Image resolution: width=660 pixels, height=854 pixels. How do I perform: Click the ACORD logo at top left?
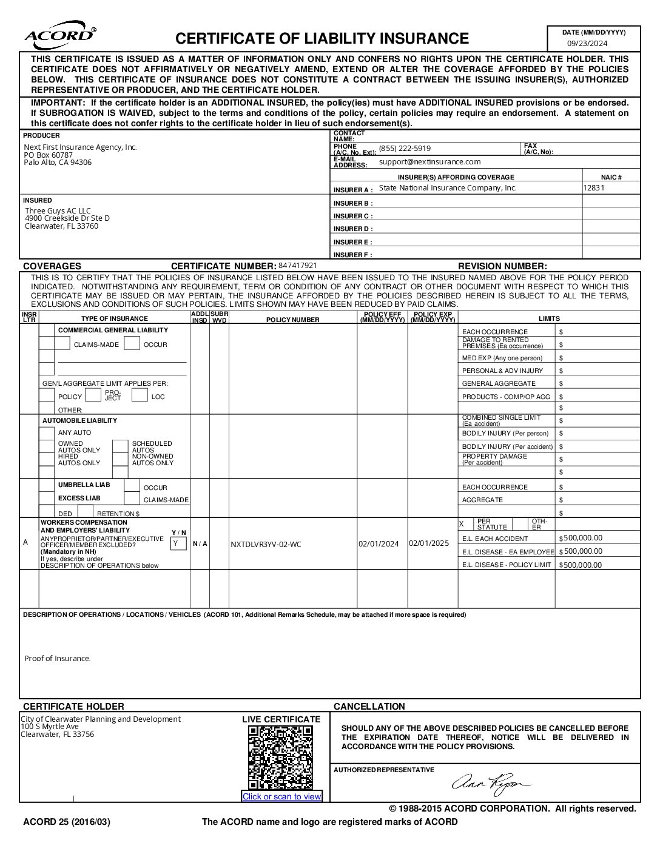point(60,37)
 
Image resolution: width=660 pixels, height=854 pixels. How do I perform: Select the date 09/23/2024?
point(587,43)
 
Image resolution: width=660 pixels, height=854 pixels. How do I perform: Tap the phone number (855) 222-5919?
point(405,149)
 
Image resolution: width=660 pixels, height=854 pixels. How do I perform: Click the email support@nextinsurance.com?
point(429,162)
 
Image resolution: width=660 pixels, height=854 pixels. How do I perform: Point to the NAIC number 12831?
point(594,188)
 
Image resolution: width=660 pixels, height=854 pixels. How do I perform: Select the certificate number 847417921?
point(297,266)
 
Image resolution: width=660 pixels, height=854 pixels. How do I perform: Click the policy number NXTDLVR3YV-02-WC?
point(266,544)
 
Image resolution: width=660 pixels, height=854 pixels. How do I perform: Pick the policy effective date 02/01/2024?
point(379,544)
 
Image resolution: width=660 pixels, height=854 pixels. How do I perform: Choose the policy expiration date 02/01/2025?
point(429,543)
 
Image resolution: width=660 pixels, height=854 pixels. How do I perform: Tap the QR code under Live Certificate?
point(280,757)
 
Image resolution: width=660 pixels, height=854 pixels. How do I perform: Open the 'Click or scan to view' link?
point(281,797)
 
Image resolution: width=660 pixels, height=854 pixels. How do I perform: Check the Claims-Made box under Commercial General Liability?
point(62,344)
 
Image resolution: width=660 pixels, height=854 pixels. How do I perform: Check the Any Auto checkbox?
point(47,433)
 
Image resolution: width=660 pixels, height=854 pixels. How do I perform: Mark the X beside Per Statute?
point(462,524)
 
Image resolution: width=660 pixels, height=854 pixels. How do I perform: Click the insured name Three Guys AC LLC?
point(58,211)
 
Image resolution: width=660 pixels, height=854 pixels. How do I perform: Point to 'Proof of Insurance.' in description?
point(58,659)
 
